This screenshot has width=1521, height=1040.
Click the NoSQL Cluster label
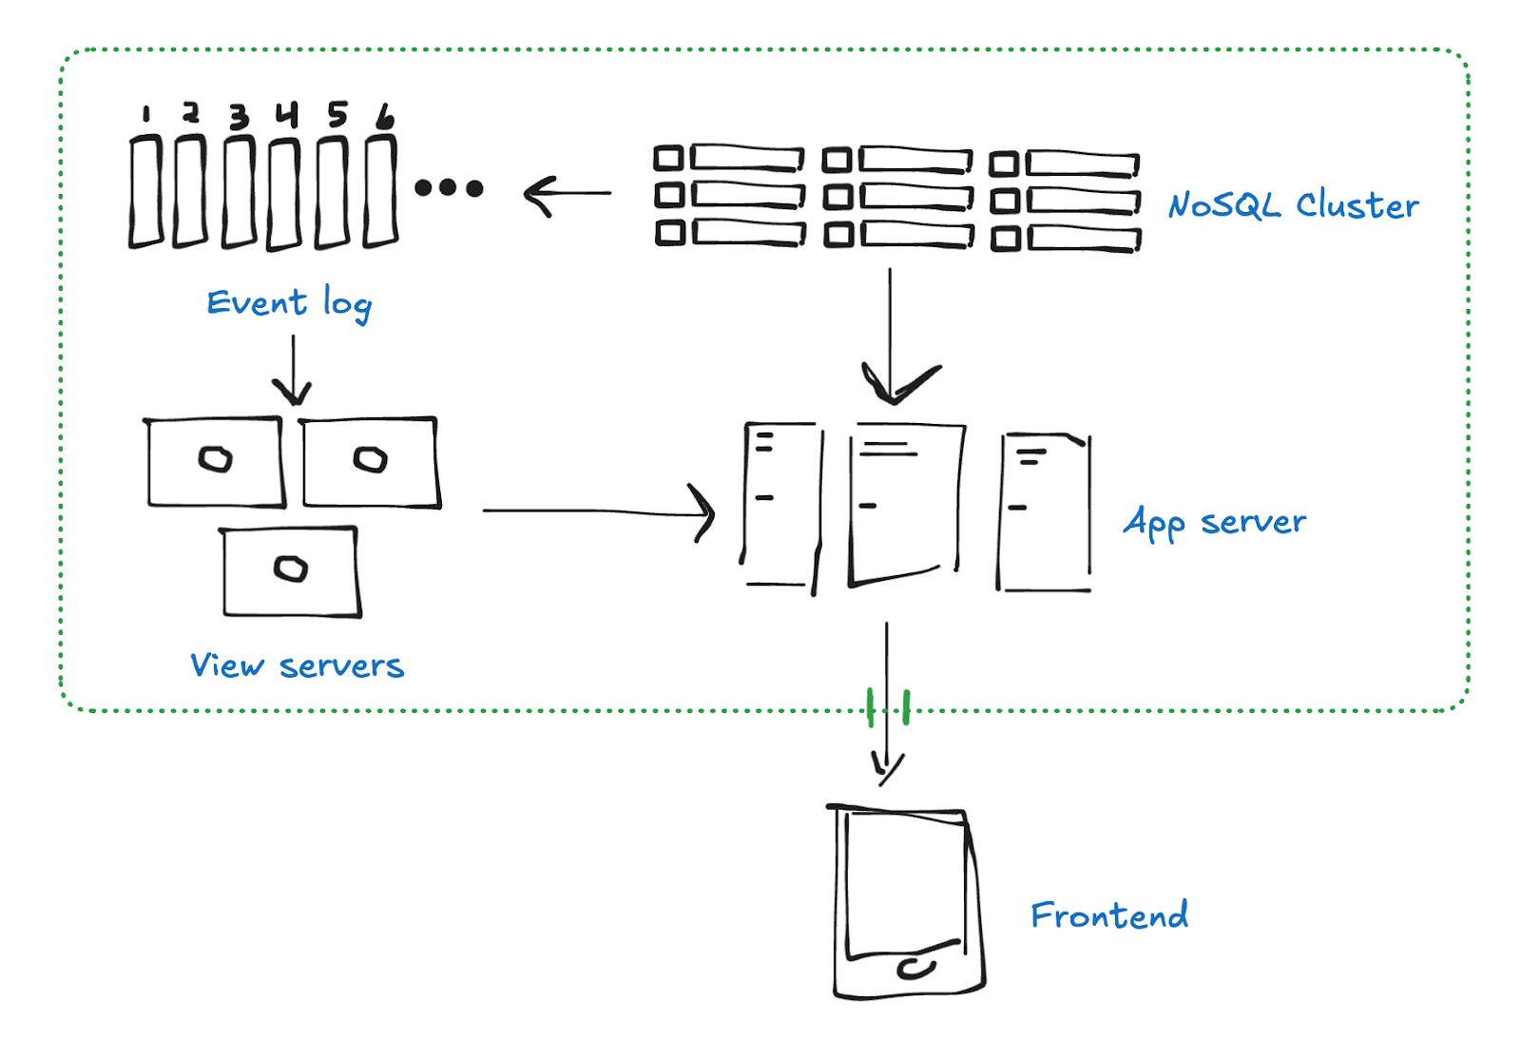coord(1293,204)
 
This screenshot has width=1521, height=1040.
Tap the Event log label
coord(289,303)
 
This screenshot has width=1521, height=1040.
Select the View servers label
coord(297,665)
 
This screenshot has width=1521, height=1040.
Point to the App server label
coord(1214,522)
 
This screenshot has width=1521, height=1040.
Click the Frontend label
coord(1108,915)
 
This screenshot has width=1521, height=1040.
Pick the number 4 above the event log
coord(287,114)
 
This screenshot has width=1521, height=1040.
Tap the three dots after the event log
coord(449,188)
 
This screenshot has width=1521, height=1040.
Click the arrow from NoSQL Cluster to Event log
coord(568,194)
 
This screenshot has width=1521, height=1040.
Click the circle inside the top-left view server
coord(216,460)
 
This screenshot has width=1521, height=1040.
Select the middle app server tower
coord(905,504)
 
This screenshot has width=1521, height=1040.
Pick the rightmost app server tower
coord(1044,513)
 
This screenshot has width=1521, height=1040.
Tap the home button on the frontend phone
coord(915,969)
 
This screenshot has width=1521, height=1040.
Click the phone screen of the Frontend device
coord(906,879)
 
